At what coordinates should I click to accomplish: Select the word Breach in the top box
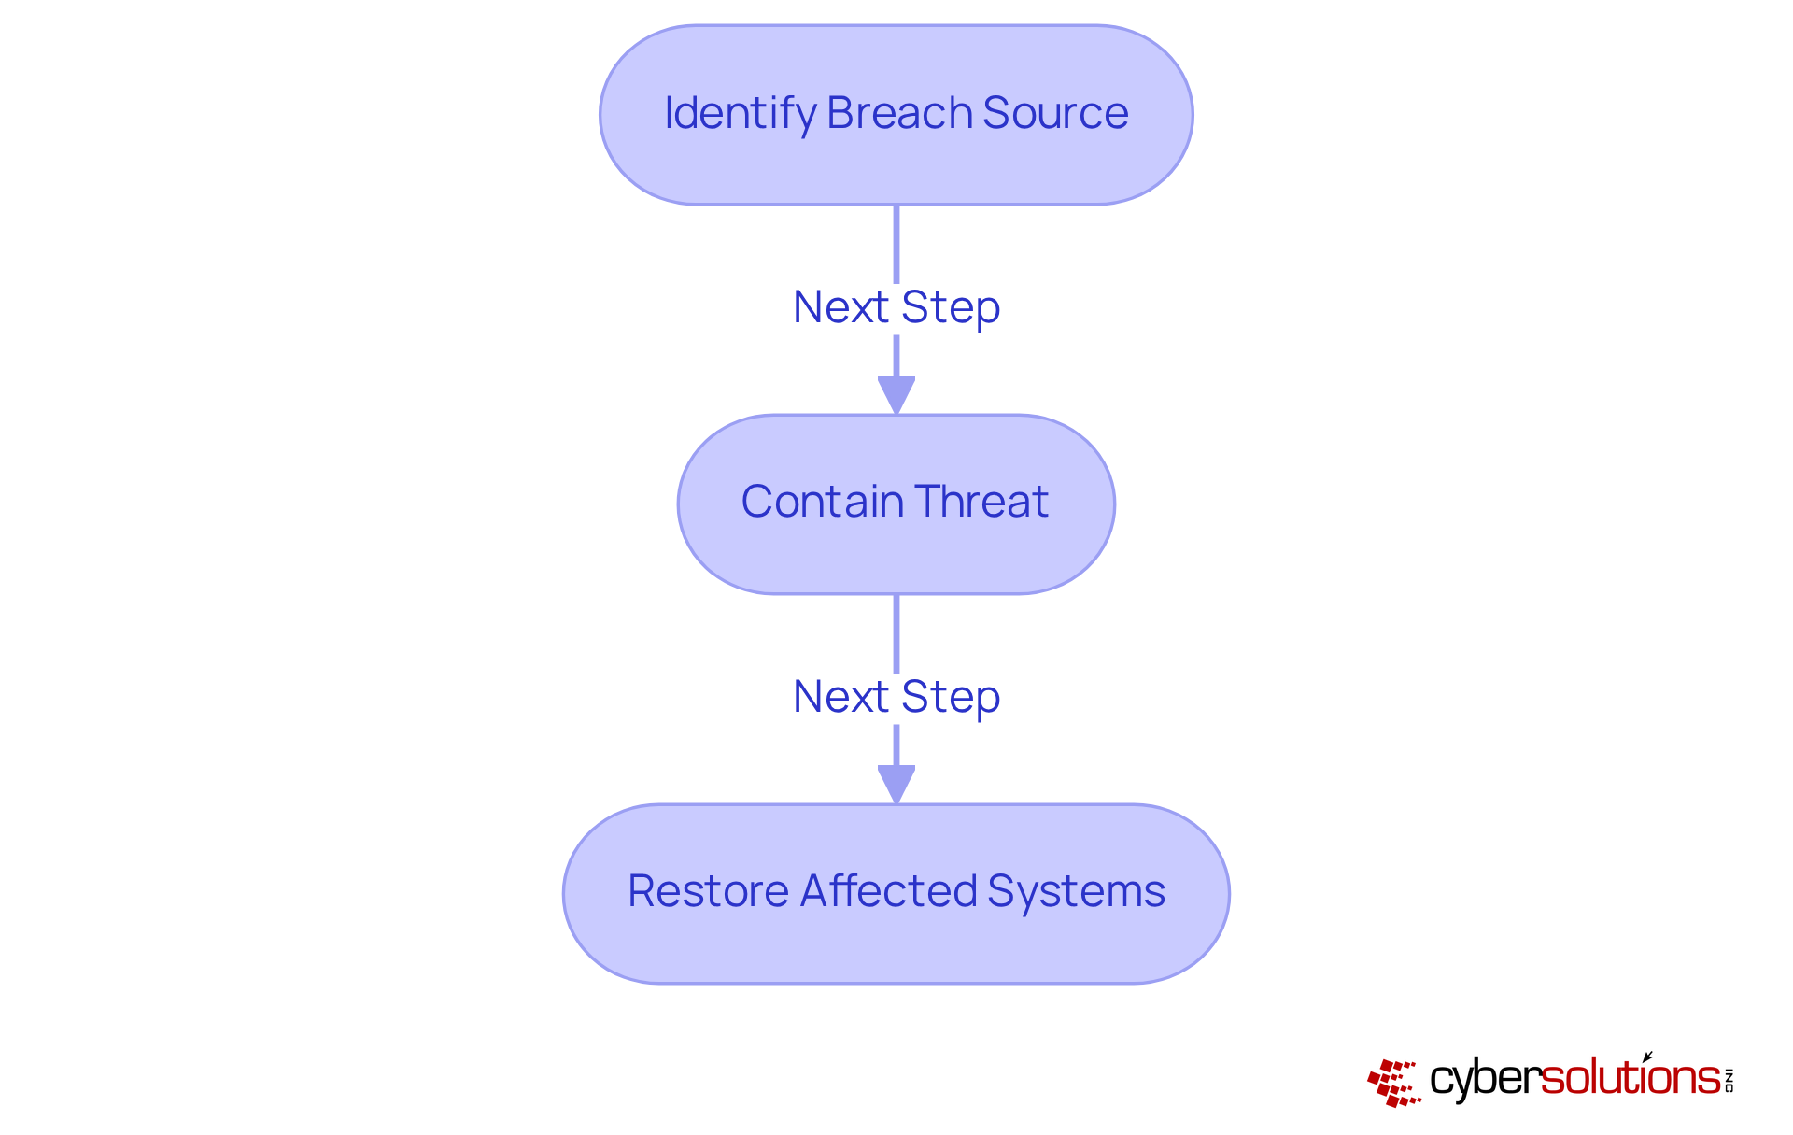tap(899, 113)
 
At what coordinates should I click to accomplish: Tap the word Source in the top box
tap(1055, 113)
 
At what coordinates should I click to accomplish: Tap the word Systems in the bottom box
tap(1076, 891)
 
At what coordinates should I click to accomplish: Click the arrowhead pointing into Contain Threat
tap(896, 394)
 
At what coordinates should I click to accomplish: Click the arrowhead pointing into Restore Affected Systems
tap(896, 784)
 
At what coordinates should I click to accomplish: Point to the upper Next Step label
tap(896, 307)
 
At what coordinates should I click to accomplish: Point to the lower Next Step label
tap(896, 697)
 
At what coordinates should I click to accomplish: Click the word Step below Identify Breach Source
tap(951, 307)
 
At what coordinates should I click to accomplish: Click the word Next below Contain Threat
tap(840, 697)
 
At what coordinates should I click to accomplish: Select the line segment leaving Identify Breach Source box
tap(896, 243)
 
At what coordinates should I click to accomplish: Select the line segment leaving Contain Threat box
tap(896, 632)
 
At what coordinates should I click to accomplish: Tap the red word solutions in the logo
tap(1630, 1078)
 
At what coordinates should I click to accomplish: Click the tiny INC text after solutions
tap(1729, 1080)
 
